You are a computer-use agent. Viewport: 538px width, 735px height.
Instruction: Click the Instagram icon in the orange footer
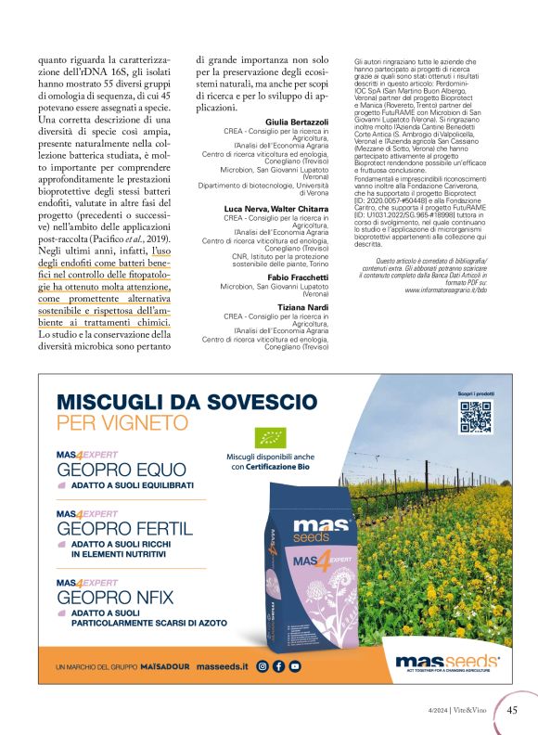[x=263, y=665]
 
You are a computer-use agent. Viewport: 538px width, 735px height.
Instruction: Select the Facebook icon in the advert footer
[x=278, y=665]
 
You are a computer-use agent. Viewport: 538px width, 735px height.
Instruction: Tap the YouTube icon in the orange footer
[x=295, y=665]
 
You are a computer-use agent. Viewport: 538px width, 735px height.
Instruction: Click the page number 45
[x=513, y=712]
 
